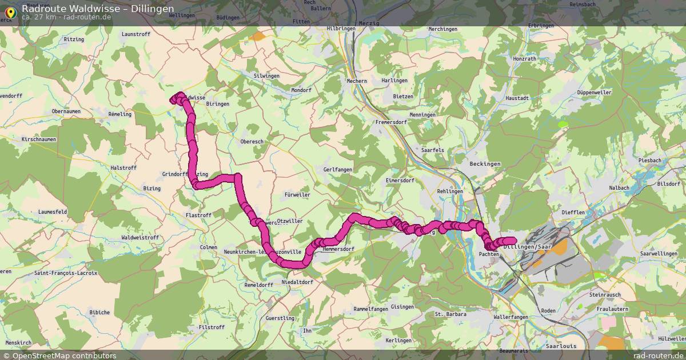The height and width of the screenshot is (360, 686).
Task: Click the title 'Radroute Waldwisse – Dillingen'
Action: click(x=98, y=8)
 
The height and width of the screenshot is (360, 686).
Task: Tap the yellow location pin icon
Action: click(x=10, y=11)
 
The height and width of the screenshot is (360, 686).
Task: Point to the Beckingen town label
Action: click(x=484, y=164)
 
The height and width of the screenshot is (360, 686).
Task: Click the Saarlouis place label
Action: click(x=560, y=346)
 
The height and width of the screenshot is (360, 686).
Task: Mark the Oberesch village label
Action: click(x=252, y=141)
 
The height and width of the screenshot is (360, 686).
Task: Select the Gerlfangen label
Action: click(x=337, y=170)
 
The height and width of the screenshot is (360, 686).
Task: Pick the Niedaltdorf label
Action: click(x=297, y=282)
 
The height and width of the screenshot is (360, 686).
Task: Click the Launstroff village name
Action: click(x=136, y=34)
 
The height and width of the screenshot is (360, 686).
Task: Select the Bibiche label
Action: click(x=99, y=313)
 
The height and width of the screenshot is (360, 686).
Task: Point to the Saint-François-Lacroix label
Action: click(x=66, y=273)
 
